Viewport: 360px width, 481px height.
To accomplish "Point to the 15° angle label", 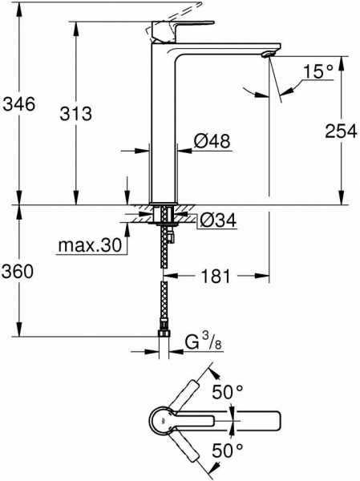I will [x=318, y=73].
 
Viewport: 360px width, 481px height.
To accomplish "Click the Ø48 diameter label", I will [x=211, y=142].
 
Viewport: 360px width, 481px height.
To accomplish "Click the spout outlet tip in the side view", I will [x=268, y=55].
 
